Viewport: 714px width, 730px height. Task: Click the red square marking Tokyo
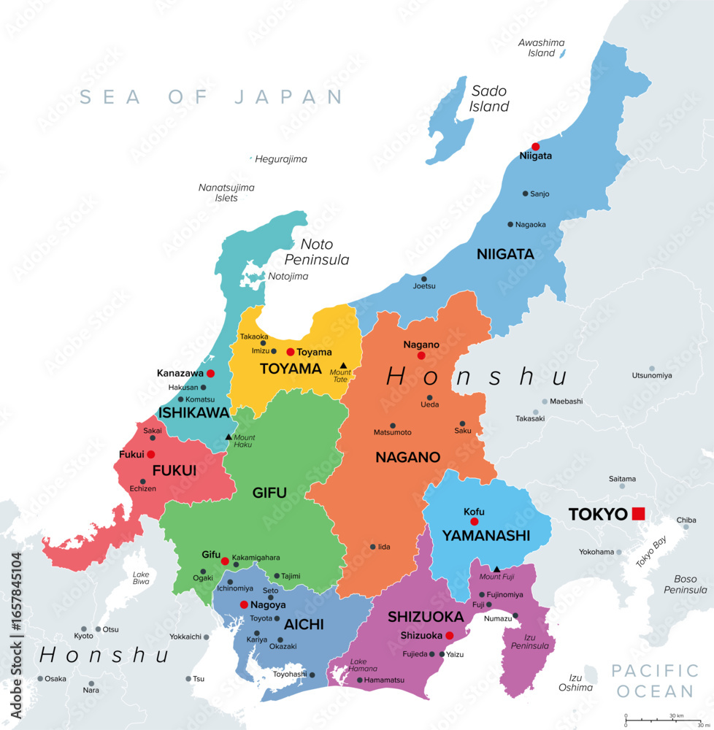click(x=639, y=513)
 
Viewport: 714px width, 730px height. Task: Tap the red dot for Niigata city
click(x=535, y=146)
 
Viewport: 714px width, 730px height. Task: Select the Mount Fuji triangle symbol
click(x=496, y=569)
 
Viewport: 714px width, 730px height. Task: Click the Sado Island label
click(x=489, y=99)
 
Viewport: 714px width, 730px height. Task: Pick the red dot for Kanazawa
click(x=211, y=373)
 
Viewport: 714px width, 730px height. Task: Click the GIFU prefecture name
click(x=269, y=493)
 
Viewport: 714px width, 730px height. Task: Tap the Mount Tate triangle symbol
click(x=343, y=364)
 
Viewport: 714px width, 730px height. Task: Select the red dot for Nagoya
click(x=244, y=604)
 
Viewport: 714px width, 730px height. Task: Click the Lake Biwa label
click(x=141, y=578)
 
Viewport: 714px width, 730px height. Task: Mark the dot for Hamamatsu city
click(x=359, y=680)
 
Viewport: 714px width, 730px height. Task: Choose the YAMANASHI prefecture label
click(x=485, y=535)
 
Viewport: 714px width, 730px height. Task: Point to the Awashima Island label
click(x=541, y=48)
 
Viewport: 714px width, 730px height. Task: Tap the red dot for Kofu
click(x=474, y=522)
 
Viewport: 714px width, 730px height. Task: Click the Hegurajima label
click(x=282, y=159)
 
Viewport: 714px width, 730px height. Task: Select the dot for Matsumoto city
click(x=393, y=426)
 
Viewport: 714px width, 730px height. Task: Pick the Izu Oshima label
click(x=575, y=683)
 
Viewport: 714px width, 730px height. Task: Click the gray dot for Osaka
click(x=41, y=678)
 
